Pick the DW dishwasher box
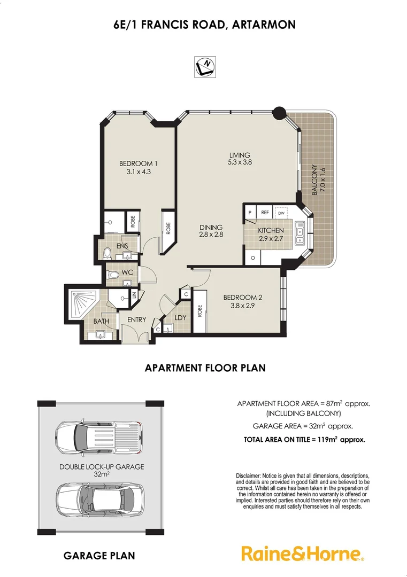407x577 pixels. pos(281,213)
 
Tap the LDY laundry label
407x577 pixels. pos(180,318)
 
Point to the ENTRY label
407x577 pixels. pos(136,320)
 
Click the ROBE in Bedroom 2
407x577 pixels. pos(199,311)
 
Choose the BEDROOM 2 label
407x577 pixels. pos(243,298)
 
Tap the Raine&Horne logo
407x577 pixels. pos(303,553)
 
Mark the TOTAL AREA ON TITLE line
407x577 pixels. pos(304,440)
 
